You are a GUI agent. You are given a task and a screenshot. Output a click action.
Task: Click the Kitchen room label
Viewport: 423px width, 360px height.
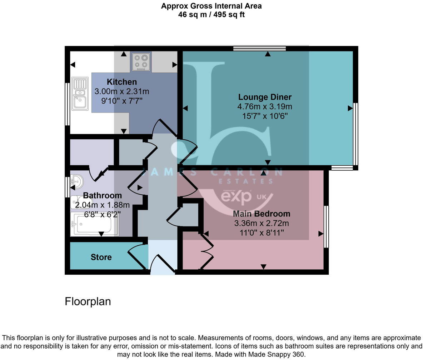[x=121, y=82]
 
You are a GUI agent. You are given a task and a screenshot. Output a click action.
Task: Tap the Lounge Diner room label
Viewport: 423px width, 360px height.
[x=265, y=97]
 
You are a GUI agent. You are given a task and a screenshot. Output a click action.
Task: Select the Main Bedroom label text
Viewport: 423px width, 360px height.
[x=261, y=214]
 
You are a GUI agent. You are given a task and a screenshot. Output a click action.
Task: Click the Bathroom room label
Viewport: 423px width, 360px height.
[x=102, y=195]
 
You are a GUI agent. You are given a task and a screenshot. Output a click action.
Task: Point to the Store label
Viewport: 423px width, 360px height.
[x=101, y=257]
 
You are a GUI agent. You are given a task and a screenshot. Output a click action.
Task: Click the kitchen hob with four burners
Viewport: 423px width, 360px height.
[x=141, y=61]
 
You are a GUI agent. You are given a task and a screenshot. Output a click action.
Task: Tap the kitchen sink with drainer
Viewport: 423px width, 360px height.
[x=80, y=94]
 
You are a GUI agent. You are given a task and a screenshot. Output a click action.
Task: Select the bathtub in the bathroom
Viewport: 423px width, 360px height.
[x=95, y=224]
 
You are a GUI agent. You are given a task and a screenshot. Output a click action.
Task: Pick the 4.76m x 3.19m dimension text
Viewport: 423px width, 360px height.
[x=265, y=106]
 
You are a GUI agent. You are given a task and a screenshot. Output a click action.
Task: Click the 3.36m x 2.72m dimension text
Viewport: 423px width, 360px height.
[x=261, y=224]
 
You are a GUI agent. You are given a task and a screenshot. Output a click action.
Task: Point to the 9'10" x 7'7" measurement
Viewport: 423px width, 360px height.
[x=122, y=101]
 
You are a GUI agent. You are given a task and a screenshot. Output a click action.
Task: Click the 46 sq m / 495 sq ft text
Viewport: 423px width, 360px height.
[x=211, y=15]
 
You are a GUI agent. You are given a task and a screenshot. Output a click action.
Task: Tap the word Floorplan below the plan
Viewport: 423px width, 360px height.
[x=88, y=301]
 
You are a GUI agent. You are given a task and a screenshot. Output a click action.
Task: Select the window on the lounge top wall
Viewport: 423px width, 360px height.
[x=260, y=49]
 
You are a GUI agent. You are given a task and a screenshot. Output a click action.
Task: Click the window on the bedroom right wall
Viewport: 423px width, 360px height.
[x=326, y=226]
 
